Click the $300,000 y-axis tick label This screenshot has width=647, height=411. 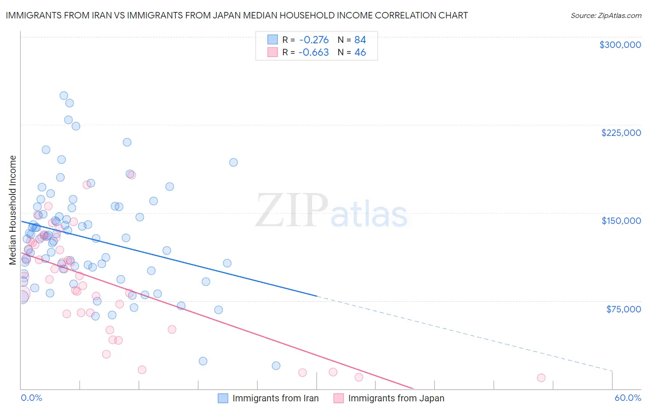[620, 45]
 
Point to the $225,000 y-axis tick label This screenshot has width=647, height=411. [621, 133]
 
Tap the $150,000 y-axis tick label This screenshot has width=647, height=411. [621, 221]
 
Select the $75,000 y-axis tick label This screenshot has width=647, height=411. [623, 309]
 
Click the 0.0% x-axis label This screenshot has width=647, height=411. [31, 398]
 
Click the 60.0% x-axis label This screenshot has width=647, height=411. [628, 398]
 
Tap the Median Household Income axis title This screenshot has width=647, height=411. [13, 210]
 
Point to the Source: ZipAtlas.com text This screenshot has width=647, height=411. [606, 16]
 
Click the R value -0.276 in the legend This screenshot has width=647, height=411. [313, 40]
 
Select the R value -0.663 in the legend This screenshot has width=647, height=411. [313, 53]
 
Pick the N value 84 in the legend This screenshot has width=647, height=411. [360, 40]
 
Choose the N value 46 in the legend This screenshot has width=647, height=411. [360, 53]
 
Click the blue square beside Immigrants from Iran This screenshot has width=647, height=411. [223, 398]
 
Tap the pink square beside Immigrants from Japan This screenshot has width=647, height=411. [339, 398]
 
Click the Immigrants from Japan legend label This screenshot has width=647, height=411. [396, 398]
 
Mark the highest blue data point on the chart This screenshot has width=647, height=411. [64, 96]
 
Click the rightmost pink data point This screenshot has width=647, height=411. [541, 378]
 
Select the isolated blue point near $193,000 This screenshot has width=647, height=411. [233, 162]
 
